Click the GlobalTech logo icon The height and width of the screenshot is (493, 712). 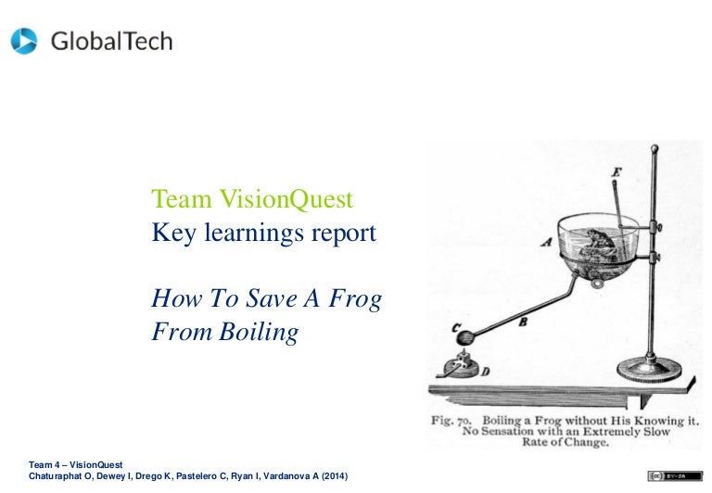pyautogui.click(x=24, y=41)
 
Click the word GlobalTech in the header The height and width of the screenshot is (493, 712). pyautogui.click(x=111, y=42)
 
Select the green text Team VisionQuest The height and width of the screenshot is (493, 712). pyautogui.click(x=252, y=199)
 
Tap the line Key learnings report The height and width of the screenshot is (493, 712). pyautogui.click(x=264, y=233)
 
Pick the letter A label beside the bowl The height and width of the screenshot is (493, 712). pyautogui.click(x=543, y=239)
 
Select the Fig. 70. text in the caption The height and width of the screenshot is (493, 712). pyautogui.click(x=454, y=420)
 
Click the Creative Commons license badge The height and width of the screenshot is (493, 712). pyautogui.click(x=674, y=475)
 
